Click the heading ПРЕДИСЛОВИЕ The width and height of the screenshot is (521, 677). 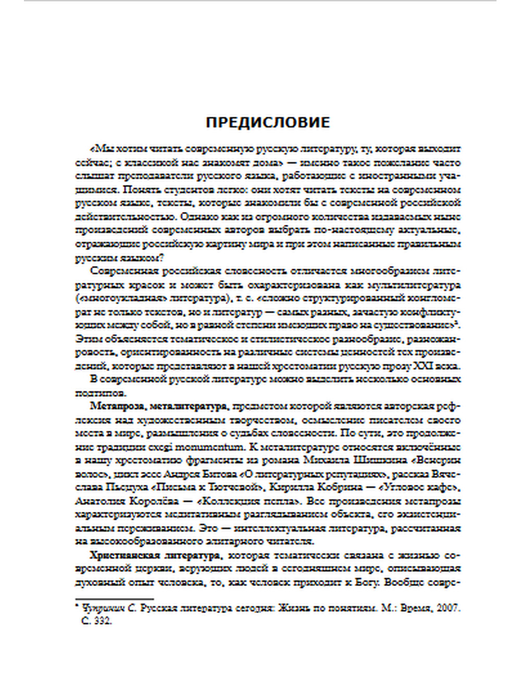268,123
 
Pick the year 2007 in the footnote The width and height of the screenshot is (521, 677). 448,608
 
